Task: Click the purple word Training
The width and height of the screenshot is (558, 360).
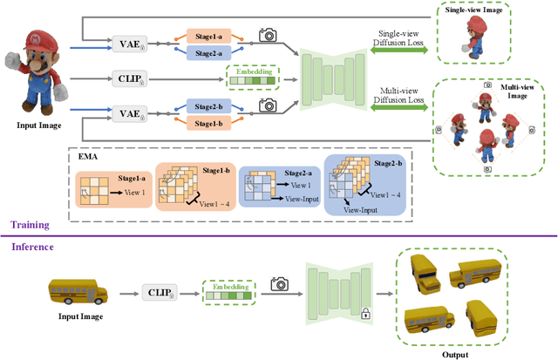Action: click(x=31, y=225)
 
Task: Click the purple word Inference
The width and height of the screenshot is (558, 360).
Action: click(x=33, y=247)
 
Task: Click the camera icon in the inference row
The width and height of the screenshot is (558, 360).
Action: click(x=280, y=283)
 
